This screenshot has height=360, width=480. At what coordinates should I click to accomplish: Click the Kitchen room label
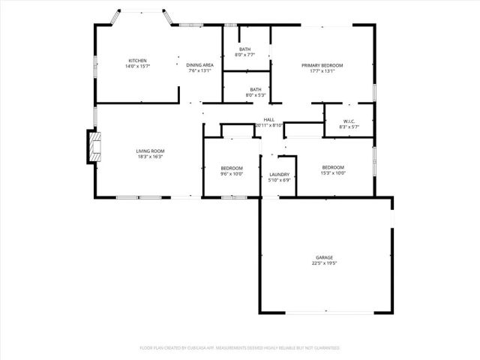136,60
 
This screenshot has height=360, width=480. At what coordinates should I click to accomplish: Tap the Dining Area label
199,65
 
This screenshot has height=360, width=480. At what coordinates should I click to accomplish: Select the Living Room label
150,151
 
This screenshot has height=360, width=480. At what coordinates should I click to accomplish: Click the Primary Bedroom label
322,65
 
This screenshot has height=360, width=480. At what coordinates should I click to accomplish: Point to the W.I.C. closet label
349,121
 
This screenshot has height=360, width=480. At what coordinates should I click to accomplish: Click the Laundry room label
279,174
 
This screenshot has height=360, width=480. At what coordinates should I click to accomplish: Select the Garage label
324,257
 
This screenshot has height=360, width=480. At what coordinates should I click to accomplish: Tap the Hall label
268,119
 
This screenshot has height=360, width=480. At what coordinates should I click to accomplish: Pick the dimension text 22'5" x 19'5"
324,263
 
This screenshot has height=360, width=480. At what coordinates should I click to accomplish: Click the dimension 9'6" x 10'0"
232,173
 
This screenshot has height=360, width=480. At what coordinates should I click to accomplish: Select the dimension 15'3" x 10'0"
333,172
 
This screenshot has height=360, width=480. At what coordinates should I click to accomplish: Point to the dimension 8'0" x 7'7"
245,55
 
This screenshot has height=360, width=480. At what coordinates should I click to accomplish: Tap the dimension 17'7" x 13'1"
322,71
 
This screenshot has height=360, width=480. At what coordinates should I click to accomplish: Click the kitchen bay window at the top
142,13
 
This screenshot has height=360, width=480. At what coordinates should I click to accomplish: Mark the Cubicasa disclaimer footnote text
240,348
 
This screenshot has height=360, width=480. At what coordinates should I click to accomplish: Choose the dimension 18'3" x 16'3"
150,157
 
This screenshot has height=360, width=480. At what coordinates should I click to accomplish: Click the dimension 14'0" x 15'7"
136,66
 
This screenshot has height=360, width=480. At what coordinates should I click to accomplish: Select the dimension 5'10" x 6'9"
279,180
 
